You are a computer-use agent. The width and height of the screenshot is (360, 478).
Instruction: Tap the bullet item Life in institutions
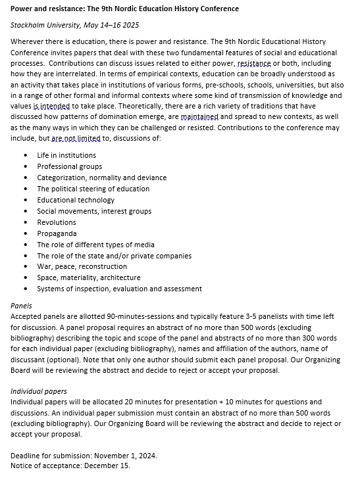66,155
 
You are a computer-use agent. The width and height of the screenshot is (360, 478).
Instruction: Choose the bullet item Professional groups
70,166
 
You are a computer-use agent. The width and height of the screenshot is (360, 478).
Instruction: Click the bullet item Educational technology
76,200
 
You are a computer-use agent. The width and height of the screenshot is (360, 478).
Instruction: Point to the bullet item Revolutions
57,222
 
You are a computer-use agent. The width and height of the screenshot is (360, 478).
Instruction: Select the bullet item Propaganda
57,233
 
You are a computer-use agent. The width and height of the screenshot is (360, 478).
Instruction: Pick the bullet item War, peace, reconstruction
82,266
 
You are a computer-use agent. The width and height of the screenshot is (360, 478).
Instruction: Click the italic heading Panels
21,306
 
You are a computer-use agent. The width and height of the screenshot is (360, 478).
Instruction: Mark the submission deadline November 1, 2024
122,454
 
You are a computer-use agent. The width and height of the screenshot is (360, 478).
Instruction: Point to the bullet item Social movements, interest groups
94,211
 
